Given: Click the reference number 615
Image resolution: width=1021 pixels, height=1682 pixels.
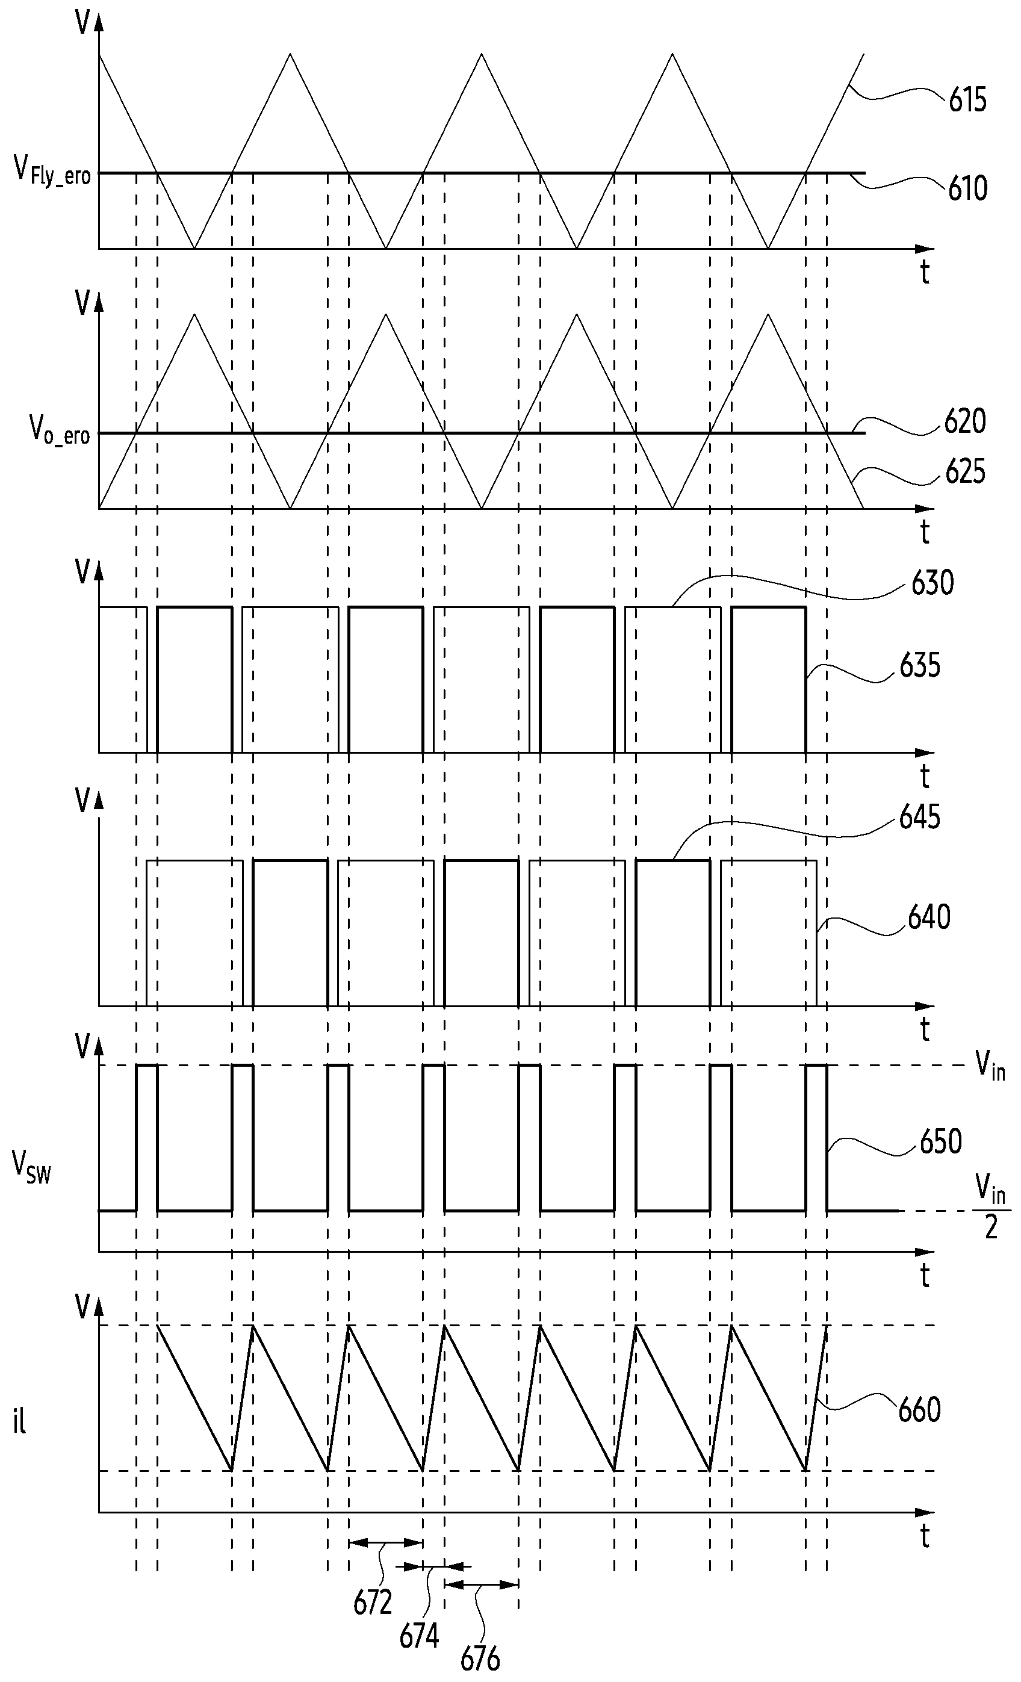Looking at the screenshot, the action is [x=968, y=101].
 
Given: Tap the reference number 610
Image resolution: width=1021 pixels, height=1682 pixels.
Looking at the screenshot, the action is [x=968, y=188].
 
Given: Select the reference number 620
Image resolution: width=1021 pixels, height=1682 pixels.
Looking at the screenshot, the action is [x=965, y=421].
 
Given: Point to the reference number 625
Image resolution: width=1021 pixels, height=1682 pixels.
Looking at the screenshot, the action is [x=965, y=472].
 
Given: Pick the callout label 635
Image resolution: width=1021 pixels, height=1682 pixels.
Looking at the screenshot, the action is [x=920, y=666].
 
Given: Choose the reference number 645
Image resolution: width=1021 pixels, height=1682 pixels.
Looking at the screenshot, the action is [x=920, y=816].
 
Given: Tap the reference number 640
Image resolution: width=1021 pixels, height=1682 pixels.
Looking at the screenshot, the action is [x=929, y=917].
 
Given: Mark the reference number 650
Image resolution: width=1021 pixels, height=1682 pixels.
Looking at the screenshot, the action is [x=940, y=1141].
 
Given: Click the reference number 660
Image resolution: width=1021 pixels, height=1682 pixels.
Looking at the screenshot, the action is [x=919, y=1410].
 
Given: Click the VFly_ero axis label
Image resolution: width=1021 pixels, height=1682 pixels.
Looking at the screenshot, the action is [x=52, y=170].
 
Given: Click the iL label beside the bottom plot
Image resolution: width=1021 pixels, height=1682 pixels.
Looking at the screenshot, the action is [x=19, y=1423].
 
